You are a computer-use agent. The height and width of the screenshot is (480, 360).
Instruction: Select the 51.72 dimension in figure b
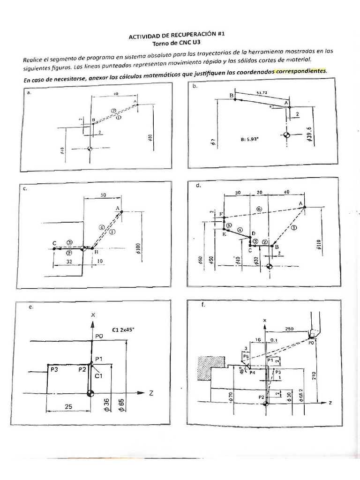(262, 93)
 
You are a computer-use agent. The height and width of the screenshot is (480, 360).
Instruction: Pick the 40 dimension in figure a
(115, 94)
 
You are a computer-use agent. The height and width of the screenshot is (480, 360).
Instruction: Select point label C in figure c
(54, 243)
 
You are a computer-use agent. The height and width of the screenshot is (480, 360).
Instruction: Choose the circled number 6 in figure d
(259, 208)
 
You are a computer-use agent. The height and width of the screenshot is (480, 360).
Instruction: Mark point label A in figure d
(300, 202)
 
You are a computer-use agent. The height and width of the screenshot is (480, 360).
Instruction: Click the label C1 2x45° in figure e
(123, 330)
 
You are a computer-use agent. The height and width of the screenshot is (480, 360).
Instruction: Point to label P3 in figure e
(54, 370)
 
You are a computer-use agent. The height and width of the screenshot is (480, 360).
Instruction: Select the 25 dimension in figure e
(68, 407)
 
